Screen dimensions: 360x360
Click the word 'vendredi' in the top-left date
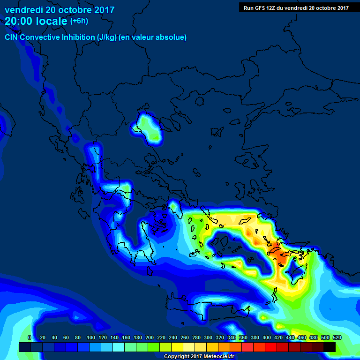pyautogui.click(x=23, y=10)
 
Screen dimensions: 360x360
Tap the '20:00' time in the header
pyautogui.click(x=19, y=21)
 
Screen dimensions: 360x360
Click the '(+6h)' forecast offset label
pyautogui.click(x=79, y=21)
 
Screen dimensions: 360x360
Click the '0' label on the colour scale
pyautogui.click(x=30, y=337)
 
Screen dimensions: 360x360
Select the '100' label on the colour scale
pyautogui.click(x=90, y=337)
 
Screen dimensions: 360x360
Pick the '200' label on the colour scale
pyautogui.click(x=149, y=337)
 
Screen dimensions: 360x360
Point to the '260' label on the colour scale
pyautogui.click(x=184, y=337)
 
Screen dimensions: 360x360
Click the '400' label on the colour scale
pyautogui.click(x=266, y=337)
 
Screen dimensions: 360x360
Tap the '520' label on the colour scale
pyautogui.click(x=337, y=337)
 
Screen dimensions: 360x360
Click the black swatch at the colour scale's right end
pyautogui.click(x=330, y=347)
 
